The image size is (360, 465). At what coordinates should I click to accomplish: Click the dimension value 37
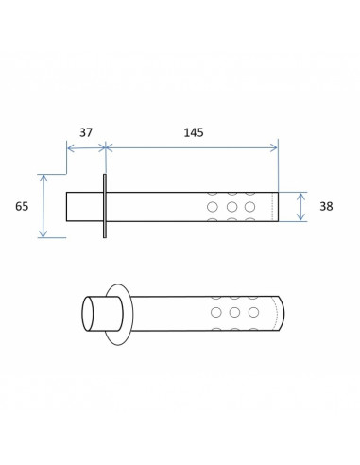86,132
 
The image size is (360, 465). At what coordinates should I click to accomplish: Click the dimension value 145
194,132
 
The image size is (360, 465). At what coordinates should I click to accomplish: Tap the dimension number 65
22,206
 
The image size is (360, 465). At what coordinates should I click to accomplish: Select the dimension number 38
326,206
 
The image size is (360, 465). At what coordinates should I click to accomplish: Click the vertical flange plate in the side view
105,206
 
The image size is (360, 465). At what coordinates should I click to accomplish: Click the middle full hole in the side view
231,207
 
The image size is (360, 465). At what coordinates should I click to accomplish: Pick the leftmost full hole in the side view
213,207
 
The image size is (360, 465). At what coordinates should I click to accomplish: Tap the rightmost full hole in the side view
249,207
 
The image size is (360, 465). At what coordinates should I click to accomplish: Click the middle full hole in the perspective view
234,312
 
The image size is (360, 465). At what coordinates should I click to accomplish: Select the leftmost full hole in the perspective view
216,312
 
